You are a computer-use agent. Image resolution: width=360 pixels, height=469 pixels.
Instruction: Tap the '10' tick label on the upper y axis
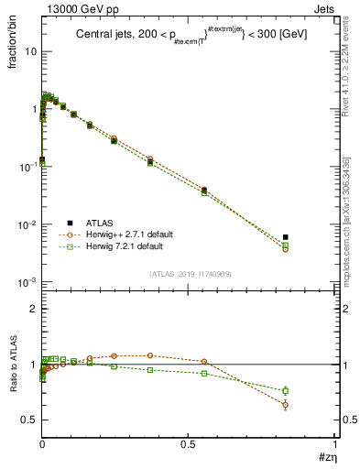(x=30, y=51)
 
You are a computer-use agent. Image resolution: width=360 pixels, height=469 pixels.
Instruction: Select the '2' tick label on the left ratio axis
(x=34, y=309)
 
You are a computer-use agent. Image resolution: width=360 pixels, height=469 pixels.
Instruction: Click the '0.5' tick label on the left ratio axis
(x=29, y=420)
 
